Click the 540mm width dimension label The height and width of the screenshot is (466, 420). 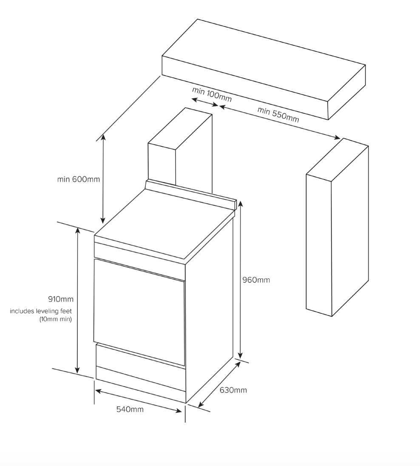pyautogui.click(x=130, y=409)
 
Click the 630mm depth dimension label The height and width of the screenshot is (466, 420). pyautogui.click(x=233, y=390)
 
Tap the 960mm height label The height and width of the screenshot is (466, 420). pyautogui.click(x=256, y=280)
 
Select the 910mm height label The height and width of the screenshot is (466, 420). pyautogui.click(x=60, y=299)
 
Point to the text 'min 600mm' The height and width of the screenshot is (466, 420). pyautogui.click(x=79, y=179)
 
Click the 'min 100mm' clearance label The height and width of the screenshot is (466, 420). pyautogui.click(x=212, y=94)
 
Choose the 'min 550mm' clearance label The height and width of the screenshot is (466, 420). pyautogui.click(x=278, y=114)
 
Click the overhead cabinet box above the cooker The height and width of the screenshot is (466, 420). pyautogui.click(x=264, y=68)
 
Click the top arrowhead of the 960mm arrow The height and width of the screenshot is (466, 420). pyautogui.click(x=240, y=203)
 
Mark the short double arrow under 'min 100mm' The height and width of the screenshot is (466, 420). pyautogui.click(x=205, y=102)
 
